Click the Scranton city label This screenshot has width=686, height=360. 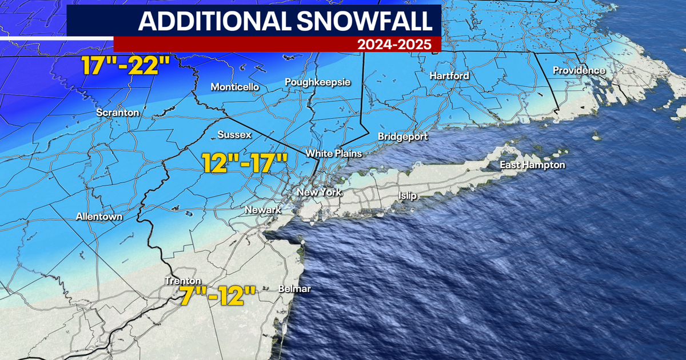[x=118, y=113]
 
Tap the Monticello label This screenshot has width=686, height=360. [x=235, y=87]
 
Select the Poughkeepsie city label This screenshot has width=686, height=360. [x=317, y=82]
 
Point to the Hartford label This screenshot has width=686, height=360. [x=449, y=75]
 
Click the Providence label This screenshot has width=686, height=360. [x=579, y=70]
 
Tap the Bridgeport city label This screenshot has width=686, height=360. [x=402, y=137]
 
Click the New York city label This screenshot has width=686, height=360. [x=319, y=192]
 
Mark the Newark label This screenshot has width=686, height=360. [x=262, y=210]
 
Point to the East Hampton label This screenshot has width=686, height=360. [x=532, y=165]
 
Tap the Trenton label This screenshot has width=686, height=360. [x=182, y=281]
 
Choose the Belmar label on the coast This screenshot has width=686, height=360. [x=294, y=289]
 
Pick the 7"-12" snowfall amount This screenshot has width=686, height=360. [x=215, y=297]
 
